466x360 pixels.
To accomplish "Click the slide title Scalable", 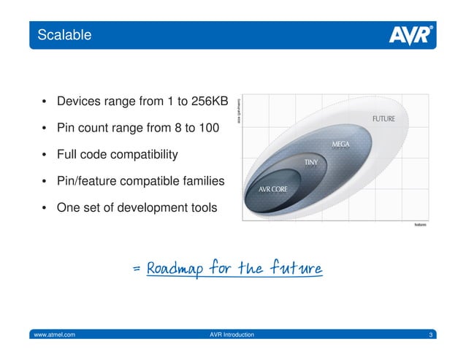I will click(x=65, y=33).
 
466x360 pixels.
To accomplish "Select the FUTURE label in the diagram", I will click(x=384, y=119).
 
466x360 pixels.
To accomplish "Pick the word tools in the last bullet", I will click(x=200, y=207).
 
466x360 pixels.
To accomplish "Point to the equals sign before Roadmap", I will click(x=137, y=269).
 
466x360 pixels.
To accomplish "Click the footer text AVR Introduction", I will click(x=232, y=334).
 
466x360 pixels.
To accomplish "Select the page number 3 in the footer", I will click(x=431, y=334).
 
